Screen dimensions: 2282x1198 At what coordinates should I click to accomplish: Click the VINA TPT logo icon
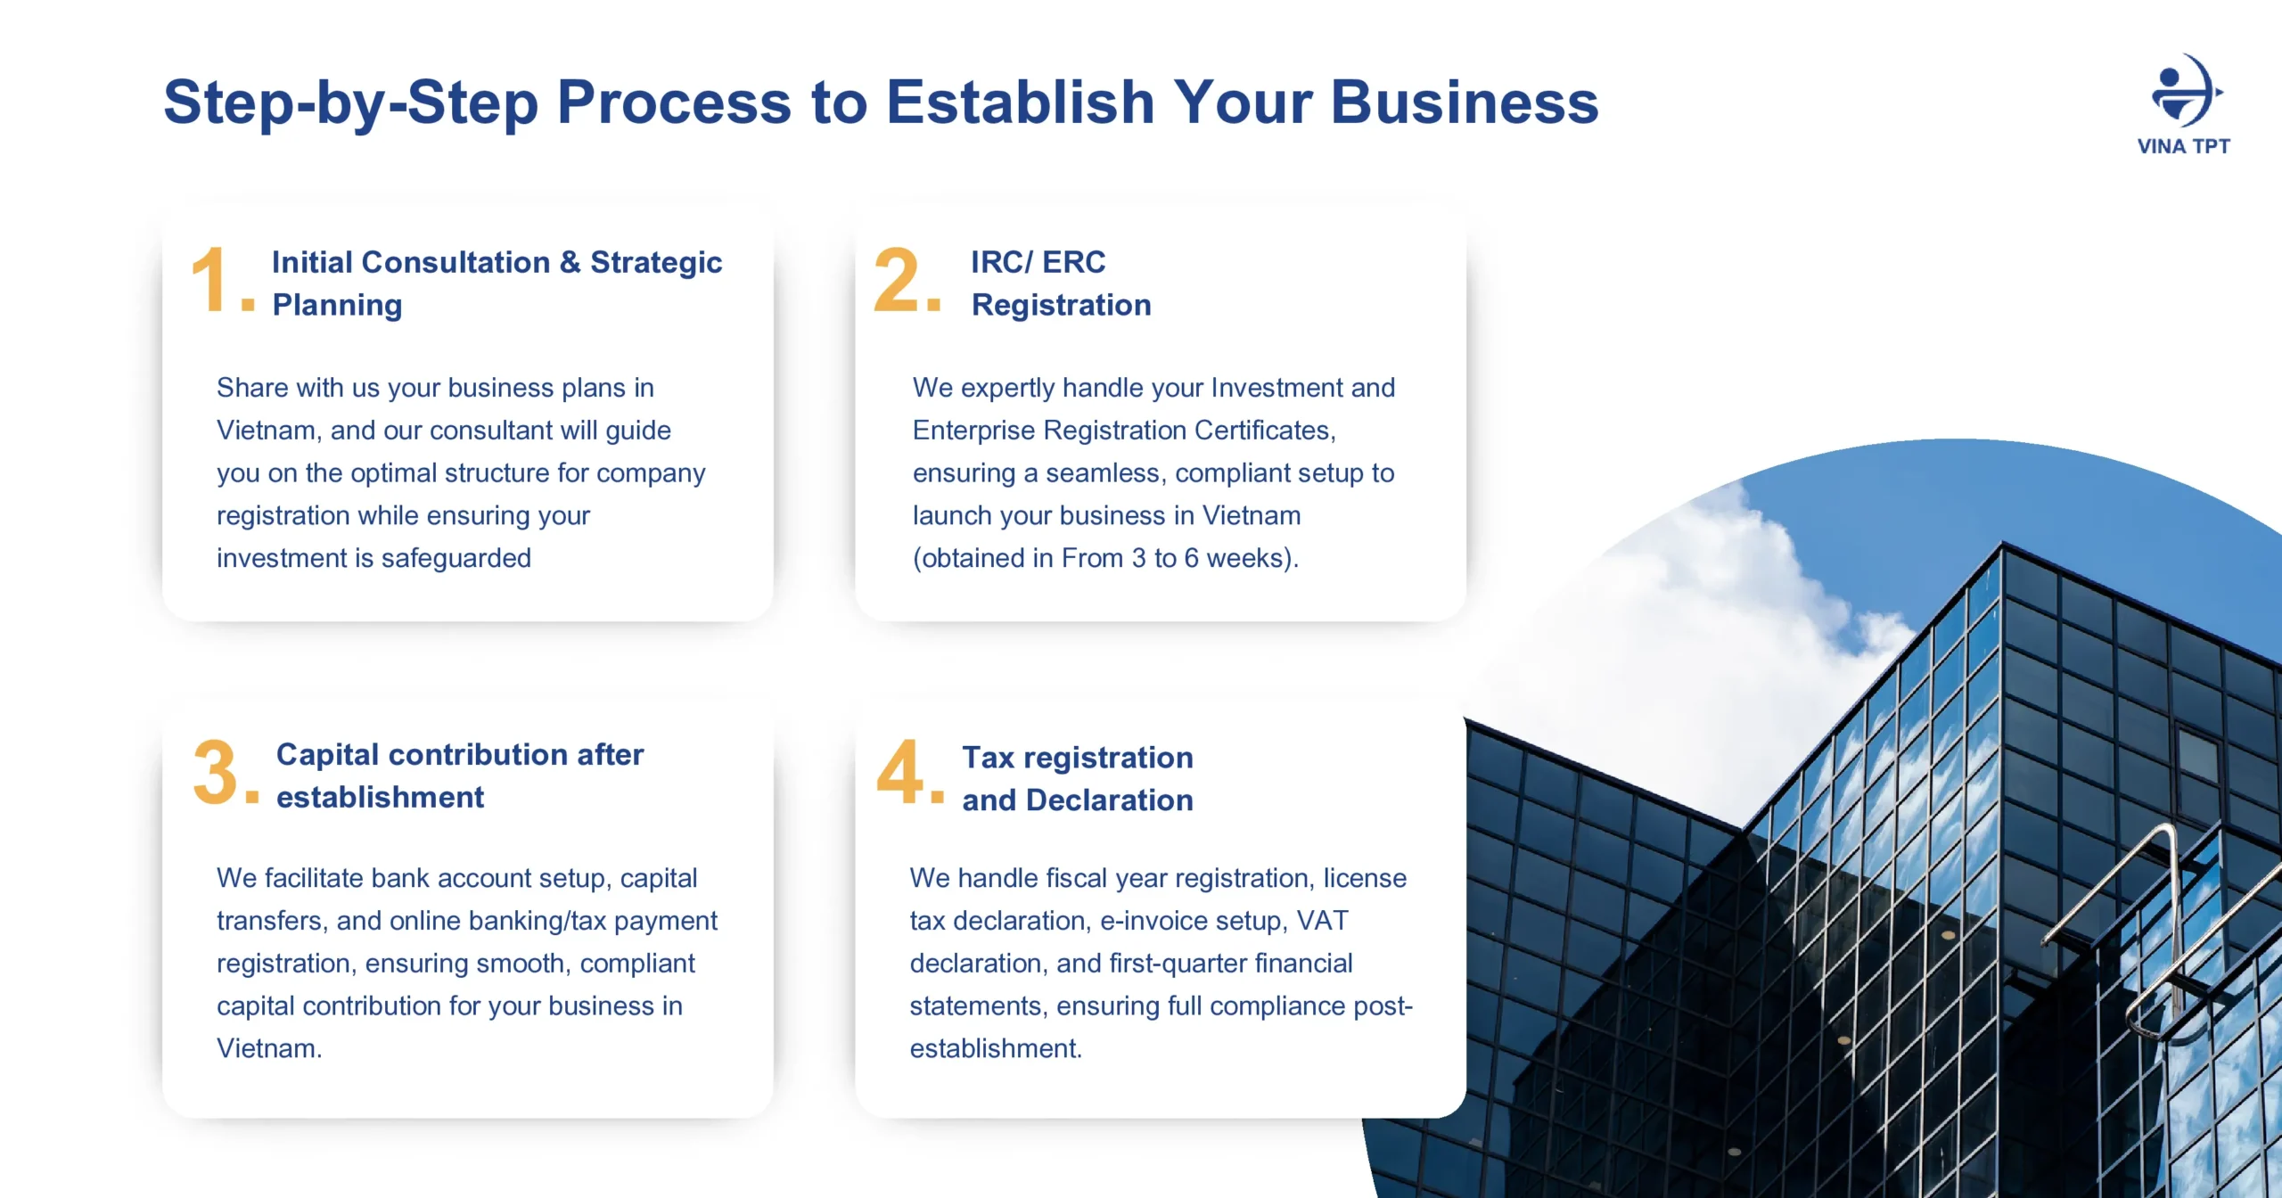coord(2187,90)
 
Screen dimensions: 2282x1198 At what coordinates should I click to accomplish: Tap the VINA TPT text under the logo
coord(2183,146)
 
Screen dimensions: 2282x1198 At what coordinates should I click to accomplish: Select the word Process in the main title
coord(674,102)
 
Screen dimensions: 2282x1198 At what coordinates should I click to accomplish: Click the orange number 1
coord(211,280)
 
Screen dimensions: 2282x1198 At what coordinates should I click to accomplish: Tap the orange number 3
coord(215,772)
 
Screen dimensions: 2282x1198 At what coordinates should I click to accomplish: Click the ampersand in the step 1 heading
coord(570,262)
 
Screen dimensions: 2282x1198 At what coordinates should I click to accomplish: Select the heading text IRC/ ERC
coord(1038,262)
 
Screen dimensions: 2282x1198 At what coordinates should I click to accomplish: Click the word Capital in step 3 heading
coord(329,755)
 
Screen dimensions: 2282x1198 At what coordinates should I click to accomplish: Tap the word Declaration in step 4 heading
coord(1110,800)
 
